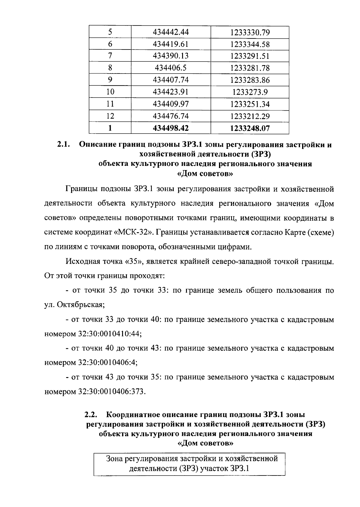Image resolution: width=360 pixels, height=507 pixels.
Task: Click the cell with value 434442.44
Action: coord(171,32)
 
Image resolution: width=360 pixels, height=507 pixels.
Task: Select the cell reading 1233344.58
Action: coord(250,44)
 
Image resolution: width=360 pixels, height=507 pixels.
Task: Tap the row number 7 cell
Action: coord(110,56)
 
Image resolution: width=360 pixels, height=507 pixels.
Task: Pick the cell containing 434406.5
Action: coord(171,68)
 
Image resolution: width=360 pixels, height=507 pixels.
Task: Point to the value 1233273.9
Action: coord(250,92)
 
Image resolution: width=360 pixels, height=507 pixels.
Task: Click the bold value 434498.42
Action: coord(171,128)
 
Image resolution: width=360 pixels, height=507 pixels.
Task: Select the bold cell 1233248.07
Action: coord(250,128)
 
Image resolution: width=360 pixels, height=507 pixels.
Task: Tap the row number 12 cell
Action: coord(110,116)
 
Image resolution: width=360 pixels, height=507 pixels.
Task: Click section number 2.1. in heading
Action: coord(64,145)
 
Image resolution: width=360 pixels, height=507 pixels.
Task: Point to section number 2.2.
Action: coord(91,415)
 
